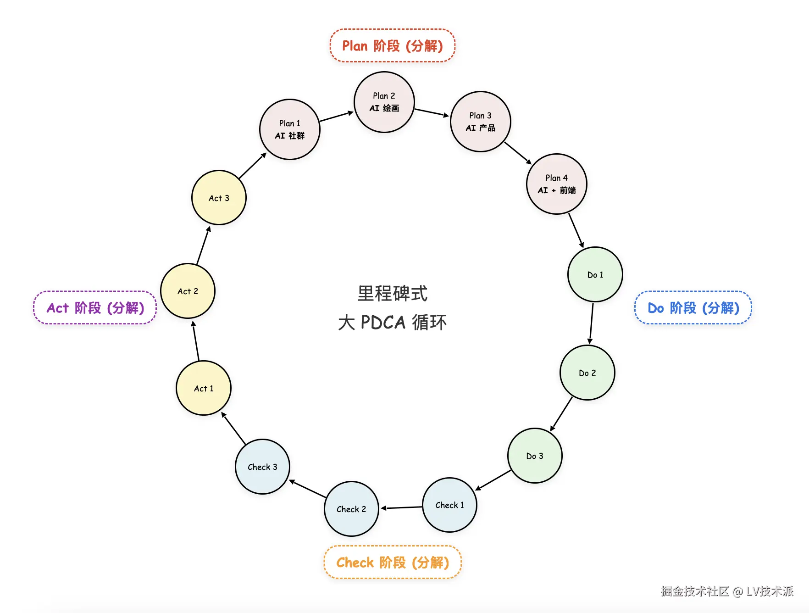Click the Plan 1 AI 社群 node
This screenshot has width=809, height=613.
coord(290,129)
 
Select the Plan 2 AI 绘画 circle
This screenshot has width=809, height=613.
coord(384,102)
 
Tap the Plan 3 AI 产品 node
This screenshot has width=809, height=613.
coord(481,122)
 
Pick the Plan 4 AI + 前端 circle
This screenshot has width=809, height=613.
coord(557,184)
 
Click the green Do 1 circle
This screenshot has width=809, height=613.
coord(595,274)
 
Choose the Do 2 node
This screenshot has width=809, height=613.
coord(587,373)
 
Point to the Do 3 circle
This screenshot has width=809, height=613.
coord(535,456)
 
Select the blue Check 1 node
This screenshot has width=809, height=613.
coord(449,505)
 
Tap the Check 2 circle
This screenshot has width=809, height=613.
coord(351,509)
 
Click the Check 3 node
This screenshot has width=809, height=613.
coord(262,467)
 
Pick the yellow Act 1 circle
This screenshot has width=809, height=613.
coord(204,388)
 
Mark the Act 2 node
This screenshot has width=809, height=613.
coord(188,291)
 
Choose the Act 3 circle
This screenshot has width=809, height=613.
coord(219,198)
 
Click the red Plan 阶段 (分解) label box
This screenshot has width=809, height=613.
coord(393,45)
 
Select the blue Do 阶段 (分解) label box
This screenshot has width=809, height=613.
coord(693,307)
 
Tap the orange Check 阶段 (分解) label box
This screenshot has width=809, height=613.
coord(393,562)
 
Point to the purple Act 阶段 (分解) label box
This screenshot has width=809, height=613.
coord(95,307)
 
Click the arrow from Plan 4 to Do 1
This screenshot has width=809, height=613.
coord(576,231)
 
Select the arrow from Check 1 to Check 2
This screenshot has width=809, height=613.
coord(401,507)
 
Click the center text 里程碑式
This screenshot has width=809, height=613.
coord(393,294)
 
